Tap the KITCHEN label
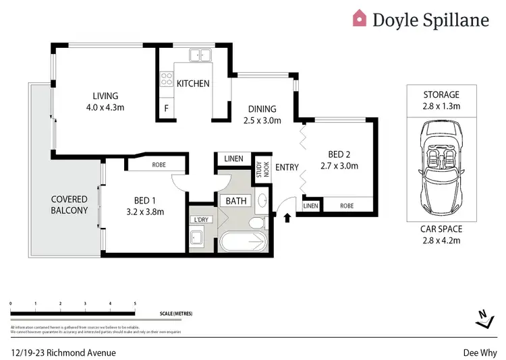(193, 84)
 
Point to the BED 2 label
(337, 160)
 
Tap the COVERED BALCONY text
(69, 205)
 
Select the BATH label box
(236, 200)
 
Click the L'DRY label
(200, 220)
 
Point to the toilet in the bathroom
(256, 223)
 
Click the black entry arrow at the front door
(288, 218)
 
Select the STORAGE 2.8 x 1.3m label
(441, 100)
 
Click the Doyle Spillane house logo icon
(360, 18)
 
